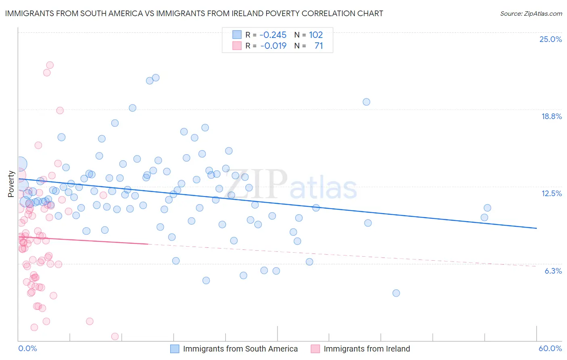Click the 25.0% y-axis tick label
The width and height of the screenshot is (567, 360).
[550, 39]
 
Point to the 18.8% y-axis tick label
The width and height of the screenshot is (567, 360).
[551, 116]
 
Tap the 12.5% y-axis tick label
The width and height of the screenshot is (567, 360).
[551, 193]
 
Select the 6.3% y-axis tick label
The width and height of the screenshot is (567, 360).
[553, 271]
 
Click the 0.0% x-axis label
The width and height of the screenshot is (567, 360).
[27, 348]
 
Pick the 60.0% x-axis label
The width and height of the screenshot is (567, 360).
[550, 348]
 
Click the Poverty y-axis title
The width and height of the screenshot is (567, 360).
[11, 184]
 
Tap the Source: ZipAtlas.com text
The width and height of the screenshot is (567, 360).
[531, 13]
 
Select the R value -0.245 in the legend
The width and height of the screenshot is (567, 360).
[273, 35]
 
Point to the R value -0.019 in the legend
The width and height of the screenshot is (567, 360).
[273, 46]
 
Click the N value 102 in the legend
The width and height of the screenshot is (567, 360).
[316, 35]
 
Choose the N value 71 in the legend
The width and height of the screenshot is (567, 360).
[319, 46]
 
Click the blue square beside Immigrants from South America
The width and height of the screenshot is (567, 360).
[175, 349]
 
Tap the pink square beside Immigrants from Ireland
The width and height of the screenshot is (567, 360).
[315, 349]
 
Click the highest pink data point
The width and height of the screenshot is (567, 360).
[50, 65]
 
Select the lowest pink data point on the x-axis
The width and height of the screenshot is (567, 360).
[115, 337]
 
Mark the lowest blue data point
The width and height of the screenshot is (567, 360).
[396, 293]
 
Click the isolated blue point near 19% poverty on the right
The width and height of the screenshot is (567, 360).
[366, 102]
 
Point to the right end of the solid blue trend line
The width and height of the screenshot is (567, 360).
[536, 228]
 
